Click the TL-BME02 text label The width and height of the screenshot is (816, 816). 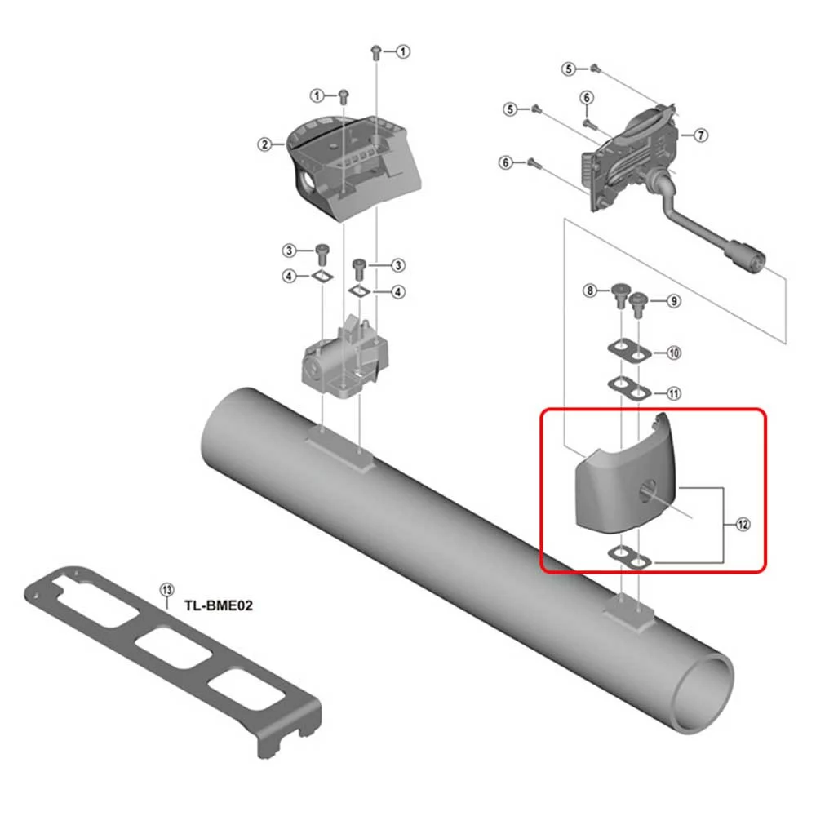[x=219, y=605]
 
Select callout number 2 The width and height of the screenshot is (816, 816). [x=265, y=144]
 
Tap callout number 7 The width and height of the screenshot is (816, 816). [x=701, y=135]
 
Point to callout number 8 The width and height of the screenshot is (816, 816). [x=590, y=290]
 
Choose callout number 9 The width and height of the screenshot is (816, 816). [x=674, y=301]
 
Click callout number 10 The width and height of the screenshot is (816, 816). [x=674, y=353]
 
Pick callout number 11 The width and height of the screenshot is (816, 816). [x=674, y=393]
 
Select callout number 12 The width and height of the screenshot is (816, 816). [x=743, y=525]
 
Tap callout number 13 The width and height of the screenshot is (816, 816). [x=166, y=590]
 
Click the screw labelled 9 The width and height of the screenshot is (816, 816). [x=638, y=305]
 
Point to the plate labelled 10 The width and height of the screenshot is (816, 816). [x=630, y=351]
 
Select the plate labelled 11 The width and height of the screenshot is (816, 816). [x=630, y=389]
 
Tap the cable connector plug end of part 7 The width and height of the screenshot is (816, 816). [x=747, y=256]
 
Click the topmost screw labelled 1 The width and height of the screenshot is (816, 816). [x=375, y=52]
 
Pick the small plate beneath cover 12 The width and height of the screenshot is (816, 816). [x=630, y=557]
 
